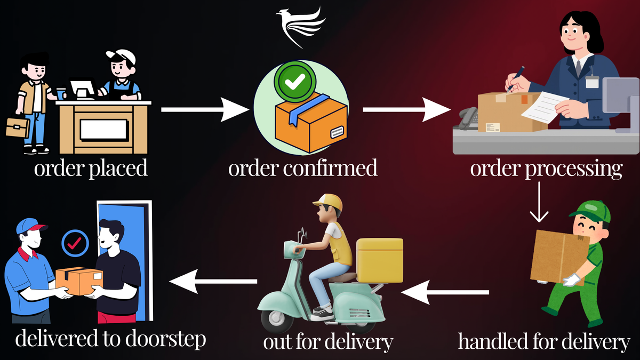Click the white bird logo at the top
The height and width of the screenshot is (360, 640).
click(300, 27)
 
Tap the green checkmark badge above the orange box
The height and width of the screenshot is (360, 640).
click(295, 82)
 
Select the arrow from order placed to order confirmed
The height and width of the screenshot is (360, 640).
click(205, 109)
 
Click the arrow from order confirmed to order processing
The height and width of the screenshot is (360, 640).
click(406, 109)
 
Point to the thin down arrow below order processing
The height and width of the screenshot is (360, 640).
click(539, 202)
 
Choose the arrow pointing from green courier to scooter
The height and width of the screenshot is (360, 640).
click(445, 292)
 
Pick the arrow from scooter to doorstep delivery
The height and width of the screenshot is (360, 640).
click(213, 282)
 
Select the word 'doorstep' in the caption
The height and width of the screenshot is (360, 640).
click(166, 340)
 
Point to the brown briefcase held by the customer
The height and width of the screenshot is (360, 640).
click(18, 127)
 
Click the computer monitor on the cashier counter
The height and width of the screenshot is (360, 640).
click(83, 89)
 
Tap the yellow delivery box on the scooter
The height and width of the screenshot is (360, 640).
click(380, 260)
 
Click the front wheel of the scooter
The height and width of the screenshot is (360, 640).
click(277, 319)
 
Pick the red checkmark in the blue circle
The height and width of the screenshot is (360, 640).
click(75, 243)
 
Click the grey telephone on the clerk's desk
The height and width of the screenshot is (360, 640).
click(468, 118)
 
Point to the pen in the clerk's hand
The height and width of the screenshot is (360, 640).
click(516, 79)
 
